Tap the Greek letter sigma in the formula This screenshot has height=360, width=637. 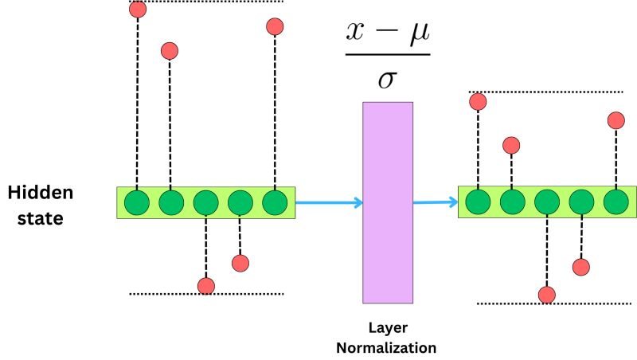tap(387, 80)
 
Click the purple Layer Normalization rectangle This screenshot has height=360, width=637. tap(388, 202)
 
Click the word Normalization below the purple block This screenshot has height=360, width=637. tap(386, 347)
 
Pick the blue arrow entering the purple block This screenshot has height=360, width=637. tap(329, 203)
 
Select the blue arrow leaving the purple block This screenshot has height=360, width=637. tap(435, 202)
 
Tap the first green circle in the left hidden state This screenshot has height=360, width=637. tap(138, 202)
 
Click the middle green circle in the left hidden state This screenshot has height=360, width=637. tap(205, 202)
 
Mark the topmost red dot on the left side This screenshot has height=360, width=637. tap(138, 10)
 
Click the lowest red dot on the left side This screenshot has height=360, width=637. tap(206, 286)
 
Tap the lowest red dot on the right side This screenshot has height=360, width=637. tap(547, 295)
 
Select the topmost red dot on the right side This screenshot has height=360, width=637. tap(478, 101)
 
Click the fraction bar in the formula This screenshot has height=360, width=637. tap(387, 56)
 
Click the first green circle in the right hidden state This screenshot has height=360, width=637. tap(479, 202)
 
